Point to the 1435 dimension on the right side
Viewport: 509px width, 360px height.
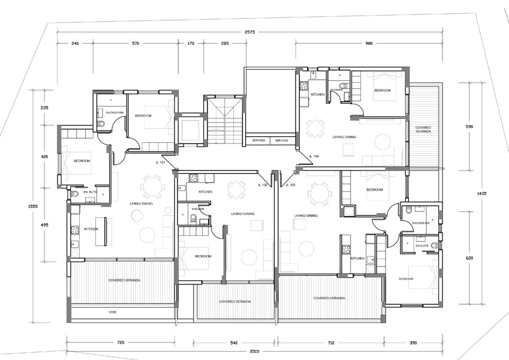482,194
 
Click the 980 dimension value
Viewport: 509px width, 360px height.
369,43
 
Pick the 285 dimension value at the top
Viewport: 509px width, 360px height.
225,43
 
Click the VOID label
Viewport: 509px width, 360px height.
112,313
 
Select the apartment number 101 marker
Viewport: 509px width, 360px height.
160,163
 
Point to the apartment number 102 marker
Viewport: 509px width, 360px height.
262,185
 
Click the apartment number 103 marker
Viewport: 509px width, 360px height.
291,185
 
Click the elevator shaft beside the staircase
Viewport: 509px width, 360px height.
191,130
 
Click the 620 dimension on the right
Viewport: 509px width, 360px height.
469,258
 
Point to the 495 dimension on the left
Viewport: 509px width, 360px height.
44,225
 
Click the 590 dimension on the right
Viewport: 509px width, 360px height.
469,127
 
